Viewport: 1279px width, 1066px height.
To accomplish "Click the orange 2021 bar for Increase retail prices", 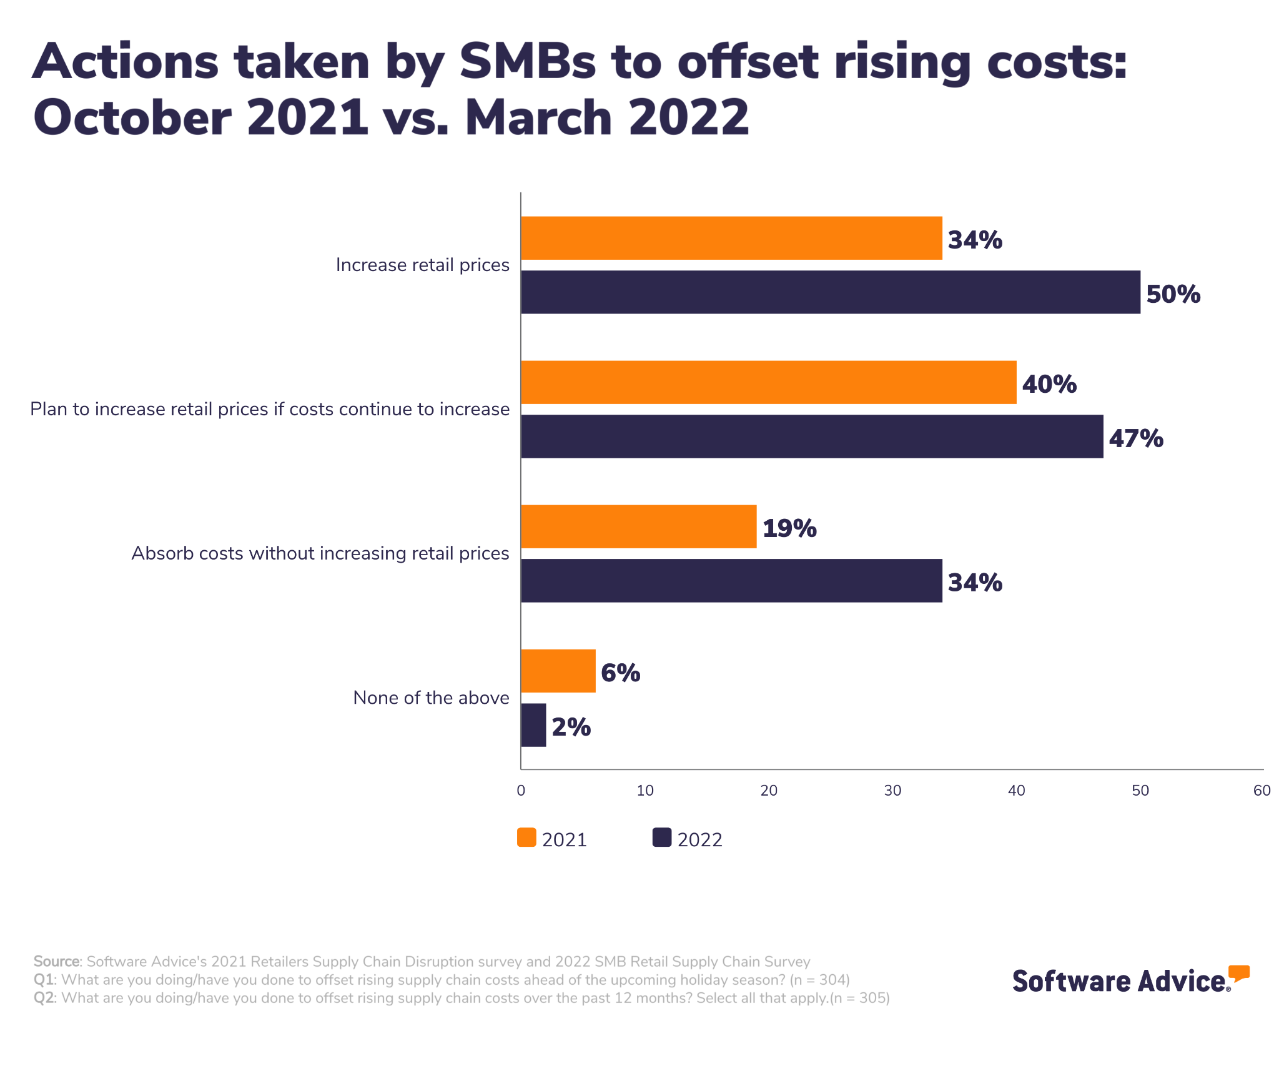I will click(731, 238).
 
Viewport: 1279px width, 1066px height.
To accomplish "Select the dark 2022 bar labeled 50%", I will click(830, 292).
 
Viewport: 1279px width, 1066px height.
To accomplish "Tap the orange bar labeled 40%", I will click(768, 382).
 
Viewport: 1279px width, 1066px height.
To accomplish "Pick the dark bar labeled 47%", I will click(811, 437).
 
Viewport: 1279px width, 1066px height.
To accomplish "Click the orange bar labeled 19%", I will click(638, 526).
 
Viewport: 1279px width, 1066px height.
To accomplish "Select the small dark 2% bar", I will click(533, 725).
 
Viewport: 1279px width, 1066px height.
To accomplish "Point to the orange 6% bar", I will click(558, 671).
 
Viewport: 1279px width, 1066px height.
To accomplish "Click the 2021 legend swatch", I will click(526, 838).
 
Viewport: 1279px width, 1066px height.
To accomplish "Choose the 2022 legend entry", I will click(687, 839).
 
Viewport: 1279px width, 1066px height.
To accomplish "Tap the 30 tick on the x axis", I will click(892, 791).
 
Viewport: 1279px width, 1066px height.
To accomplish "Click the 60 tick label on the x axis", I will click(1262, 791).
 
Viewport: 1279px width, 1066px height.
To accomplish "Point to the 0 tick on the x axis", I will click(521, 791).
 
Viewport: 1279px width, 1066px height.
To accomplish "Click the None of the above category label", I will click(431, 698).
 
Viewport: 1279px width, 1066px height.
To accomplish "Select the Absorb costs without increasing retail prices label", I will click(320, 553).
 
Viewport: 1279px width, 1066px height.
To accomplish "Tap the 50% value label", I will click(1173, 294).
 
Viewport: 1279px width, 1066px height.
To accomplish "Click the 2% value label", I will click(571, 727).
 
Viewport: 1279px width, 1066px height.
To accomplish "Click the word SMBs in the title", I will click(528, 62).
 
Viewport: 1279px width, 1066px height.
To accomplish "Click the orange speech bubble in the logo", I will click(1239, 973).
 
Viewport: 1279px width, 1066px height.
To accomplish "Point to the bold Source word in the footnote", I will click(57, 961).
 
